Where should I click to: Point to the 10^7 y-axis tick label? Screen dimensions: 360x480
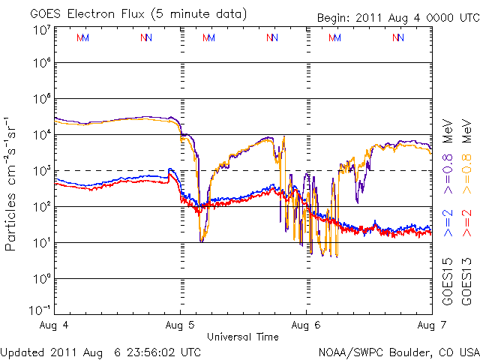(x=41, y=30)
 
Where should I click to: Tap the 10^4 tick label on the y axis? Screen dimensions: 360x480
(x=41, y=135)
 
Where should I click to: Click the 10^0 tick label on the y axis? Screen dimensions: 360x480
(x=41, y=279)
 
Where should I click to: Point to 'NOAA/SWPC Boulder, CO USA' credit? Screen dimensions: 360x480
(x=398, y=351)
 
